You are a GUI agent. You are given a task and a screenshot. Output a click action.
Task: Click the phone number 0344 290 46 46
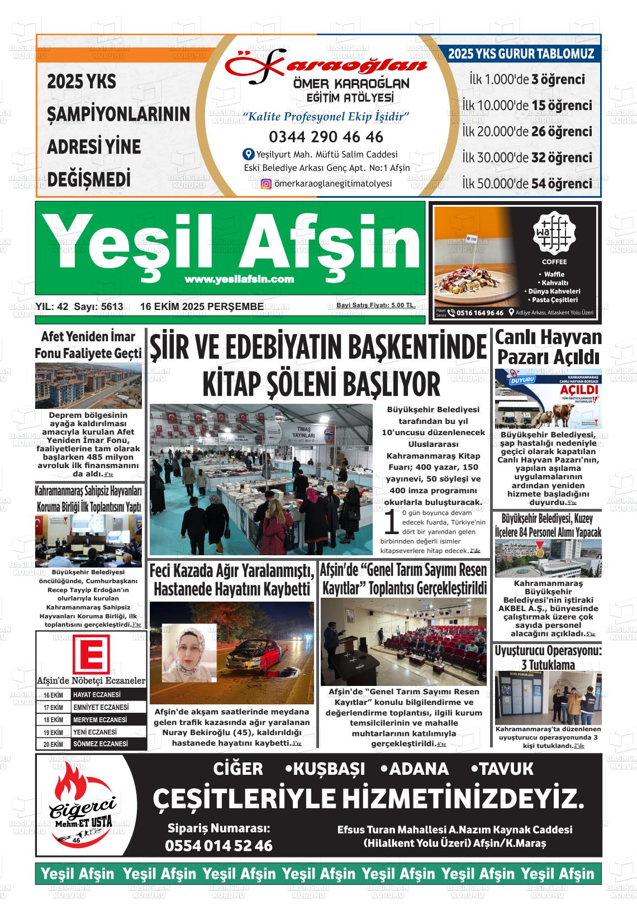point(326,137)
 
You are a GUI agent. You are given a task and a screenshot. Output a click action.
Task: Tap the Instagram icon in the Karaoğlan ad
point(267,184)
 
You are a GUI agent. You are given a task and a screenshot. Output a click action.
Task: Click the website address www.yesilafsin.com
point(239,279)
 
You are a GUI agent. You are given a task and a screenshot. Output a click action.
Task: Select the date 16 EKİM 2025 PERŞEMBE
point(202,307)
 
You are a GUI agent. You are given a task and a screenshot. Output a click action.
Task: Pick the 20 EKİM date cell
point(54,744)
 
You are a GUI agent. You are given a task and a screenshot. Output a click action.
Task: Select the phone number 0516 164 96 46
point(479,313)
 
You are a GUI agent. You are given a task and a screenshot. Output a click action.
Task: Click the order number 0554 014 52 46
point(218,846)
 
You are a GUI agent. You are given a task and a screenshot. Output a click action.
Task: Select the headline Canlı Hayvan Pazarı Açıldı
point(548,347)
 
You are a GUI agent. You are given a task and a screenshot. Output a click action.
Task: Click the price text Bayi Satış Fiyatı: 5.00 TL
point(375,305)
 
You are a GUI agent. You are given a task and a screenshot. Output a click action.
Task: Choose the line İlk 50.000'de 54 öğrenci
point(527,183)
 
